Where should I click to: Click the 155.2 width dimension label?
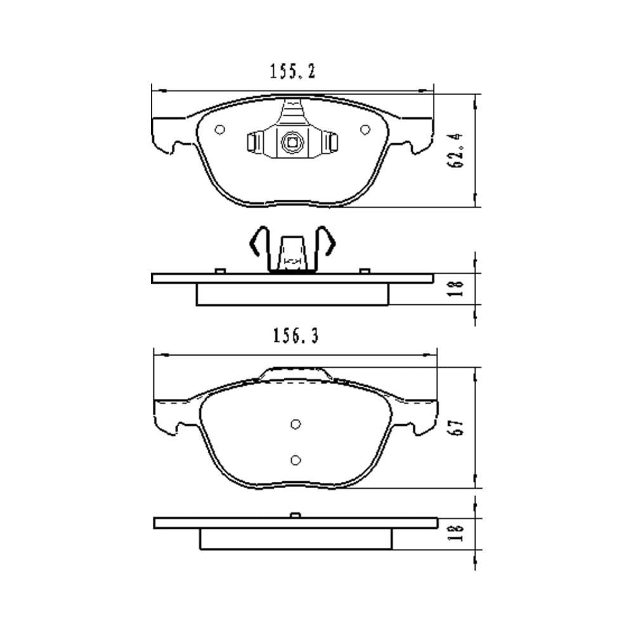pyautogui.click(x=292, y=72)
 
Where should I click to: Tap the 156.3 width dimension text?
pyautogui.click(x=296, y=336)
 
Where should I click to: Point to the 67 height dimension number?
pyautogui.click(x=456, y=427)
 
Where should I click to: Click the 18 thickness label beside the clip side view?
pyautogui.click(x=456, y=288)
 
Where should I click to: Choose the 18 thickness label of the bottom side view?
pyautogui.click(x=456, y=533)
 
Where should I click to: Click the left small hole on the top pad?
pyautogui.click(x=220, y=130)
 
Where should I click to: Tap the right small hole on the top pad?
pyautogui.click(x=365, y=129)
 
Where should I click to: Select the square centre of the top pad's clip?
pyautogui.click(x=292, y=142)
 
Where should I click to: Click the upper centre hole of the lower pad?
pyautogui.click(x=295, y=424)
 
